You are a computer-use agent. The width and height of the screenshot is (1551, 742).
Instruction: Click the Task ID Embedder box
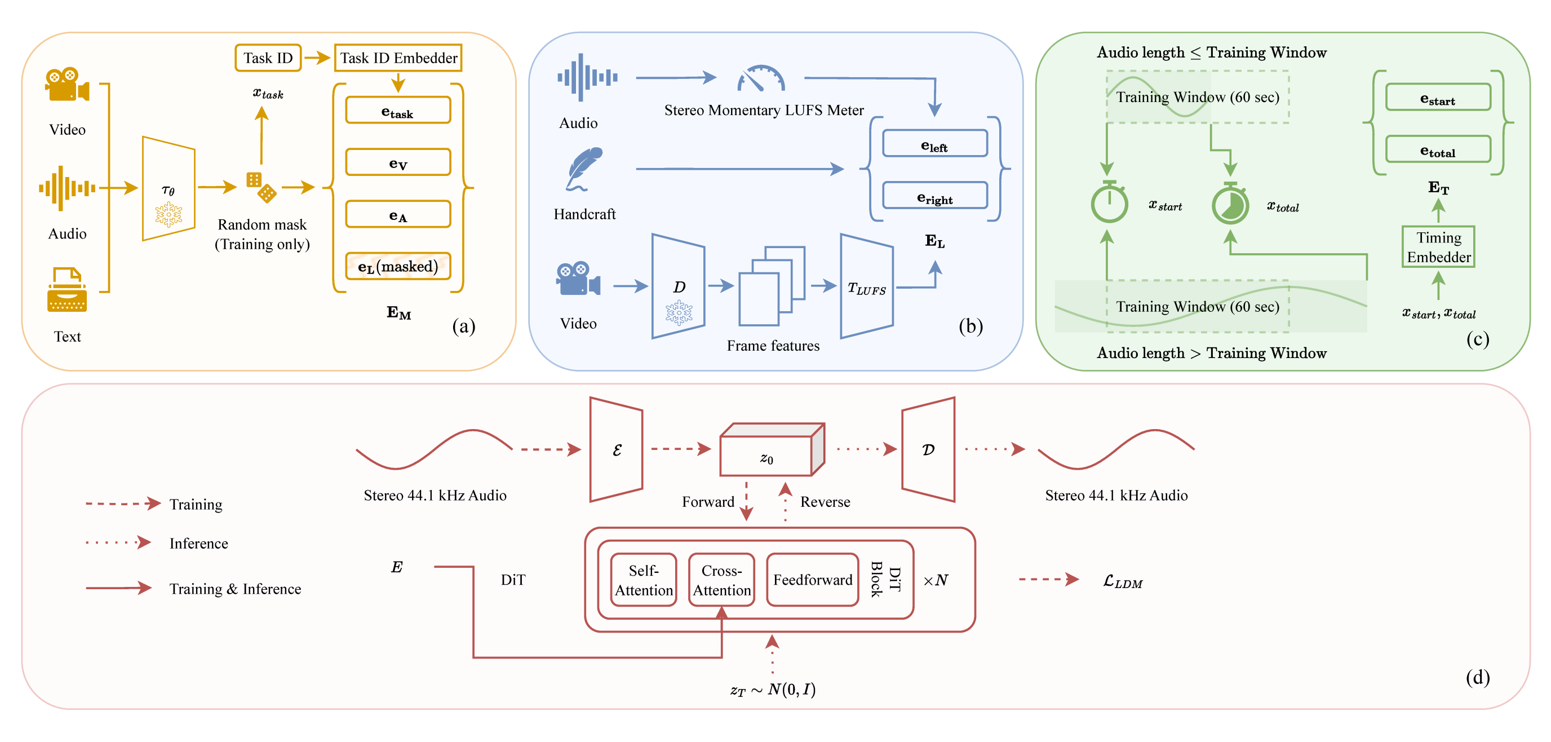click(x=398, y=58)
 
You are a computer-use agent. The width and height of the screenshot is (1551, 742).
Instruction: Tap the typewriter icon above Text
click(x=67, y=290)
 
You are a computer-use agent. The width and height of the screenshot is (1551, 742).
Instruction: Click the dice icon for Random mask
click(x=261, y=187)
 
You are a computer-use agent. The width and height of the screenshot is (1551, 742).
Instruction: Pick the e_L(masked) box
click(x=398, y=266)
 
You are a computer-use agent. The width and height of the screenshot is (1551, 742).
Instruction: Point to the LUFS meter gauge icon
click(x=761, y=78)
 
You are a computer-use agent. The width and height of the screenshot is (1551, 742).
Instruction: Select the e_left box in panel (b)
click(x=934, y=144)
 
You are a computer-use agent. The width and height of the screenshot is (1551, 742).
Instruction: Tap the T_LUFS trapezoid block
click(x=866, y=286)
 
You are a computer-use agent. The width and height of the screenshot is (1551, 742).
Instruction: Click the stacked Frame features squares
click(x=772, y=286)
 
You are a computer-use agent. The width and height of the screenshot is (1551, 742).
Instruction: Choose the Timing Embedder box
click(x=1438, y=247)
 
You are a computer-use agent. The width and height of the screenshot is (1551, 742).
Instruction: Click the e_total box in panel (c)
click(x=1438, y=149)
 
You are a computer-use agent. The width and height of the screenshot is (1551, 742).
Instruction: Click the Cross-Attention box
click(x=721, y=580)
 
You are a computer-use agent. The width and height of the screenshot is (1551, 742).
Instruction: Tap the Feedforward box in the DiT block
click(x=812, y=580)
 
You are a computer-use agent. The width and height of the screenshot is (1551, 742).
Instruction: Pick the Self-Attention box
click(x=643, y=580)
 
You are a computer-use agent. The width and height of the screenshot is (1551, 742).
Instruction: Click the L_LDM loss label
click(x=1122, y=582)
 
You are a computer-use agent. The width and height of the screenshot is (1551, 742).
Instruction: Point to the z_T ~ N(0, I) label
click(x=773, y=690)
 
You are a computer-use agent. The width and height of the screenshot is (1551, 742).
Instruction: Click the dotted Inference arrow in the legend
click(x=118, y=542)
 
